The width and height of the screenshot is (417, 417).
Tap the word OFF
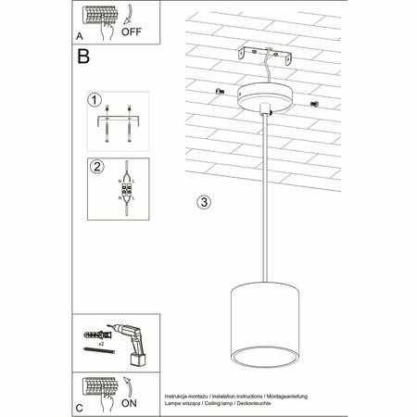[x=133, y=28]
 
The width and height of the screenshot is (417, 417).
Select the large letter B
[x=84, y=57]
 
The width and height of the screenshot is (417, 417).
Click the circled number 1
[x=94, y=99]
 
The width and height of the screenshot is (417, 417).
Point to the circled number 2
[x=94, y=168]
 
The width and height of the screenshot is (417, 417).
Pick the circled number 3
[x=205, y=201]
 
